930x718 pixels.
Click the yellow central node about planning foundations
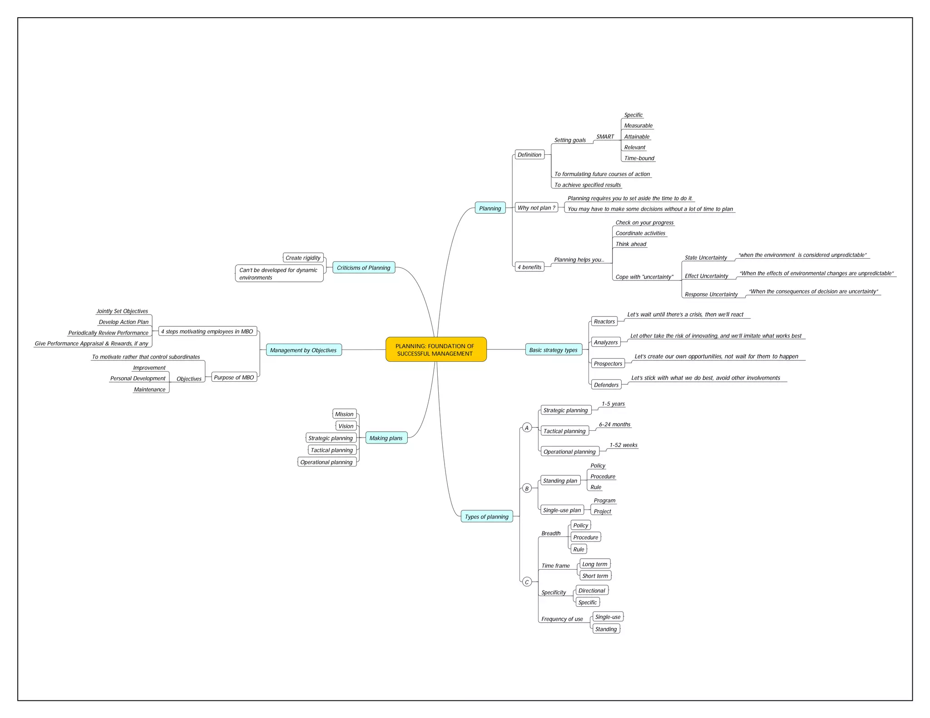(x=435, y=349)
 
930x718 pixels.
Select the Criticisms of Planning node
(x=363, y=268)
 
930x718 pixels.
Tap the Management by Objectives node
(x=303, y=350)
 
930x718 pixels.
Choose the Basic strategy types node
(x=553, y=350)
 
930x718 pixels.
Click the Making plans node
(x=386, y=438)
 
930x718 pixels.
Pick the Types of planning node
(x=486, y=516)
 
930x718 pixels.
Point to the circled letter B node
(x=527, y=488)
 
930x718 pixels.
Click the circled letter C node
(x=527, y=582)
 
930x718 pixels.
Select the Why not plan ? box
(x=536, y=208)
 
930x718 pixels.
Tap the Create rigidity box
(x=303, y=258)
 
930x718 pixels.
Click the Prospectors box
(x=608, y=364)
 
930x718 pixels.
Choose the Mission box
(x=344, y=414)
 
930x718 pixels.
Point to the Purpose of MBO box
(x=234, y=377)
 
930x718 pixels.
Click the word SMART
(x=605, y=137)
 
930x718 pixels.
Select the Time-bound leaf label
(x=639, y=158)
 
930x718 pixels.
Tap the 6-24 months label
(x=614, y=424)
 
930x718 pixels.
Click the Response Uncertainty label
(x=711, y=295)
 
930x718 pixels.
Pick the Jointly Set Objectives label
(x=122, y=311)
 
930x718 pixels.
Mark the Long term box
(x=595, y=564)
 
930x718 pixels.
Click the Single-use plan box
(x=562, y=510)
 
